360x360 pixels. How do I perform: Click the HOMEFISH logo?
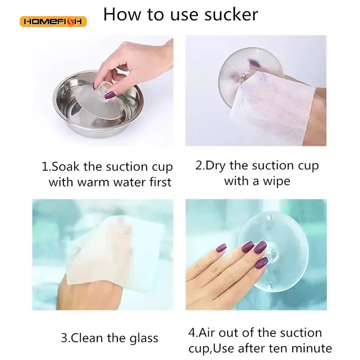(x=53, y=22)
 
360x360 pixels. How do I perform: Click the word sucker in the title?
(x=231, y=14)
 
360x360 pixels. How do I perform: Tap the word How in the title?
(x=122, y=14)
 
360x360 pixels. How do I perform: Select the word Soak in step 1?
(x=65, y=166)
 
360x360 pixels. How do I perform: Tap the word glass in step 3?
(x=144, y=339)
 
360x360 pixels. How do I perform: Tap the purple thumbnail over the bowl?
(x=110, y=95)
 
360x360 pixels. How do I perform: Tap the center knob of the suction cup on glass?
(x=272, y=252)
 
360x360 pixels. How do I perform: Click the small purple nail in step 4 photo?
(x=221, y=248)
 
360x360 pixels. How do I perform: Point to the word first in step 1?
(x=161, y=182)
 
